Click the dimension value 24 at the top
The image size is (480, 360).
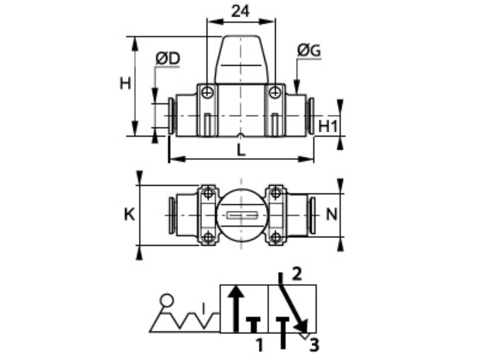tap(240, 11)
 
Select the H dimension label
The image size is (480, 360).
tap(125, 83)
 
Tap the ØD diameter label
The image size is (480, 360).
tap(167, 59)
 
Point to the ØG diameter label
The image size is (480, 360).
tap(309, 51)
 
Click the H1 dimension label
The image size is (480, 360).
tap(328, 126)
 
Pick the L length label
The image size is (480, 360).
tap(240, 150)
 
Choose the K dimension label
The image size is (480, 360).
tap(129, 215)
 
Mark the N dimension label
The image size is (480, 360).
tap(331, 215)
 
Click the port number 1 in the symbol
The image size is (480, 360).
tap(259, 345)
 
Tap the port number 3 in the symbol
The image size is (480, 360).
tap(314, 345)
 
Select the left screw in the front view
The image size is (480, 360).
tap(207, 93)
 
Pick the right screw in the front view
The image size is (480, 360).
tap(274, 93)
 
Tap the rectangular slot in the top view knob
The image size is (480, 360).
tap(240, 216)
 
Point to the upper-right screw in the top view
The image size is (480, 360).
tap(277, 192)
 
